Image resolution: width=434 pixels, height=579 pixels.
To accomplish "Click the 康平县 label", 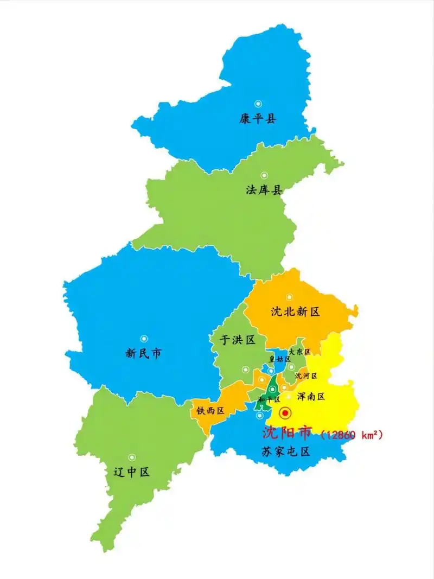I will point(258,118).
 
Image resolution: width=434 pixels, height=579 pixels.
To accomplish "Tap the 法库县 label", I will point(264,190).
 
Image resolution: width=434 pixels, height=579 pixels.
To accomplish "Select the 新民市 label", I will point(143,354).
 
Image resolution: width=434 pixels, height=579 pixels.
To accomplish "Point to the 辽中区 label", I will point(131,472).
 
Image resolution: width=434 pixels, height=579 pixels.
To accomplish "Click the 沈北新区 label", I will point(296,311).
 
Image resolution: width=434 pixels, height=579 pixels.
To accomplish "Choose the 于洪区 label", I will point(237,340).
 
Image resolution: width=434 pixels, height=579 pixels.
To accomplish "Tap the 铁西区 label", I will point(210,411).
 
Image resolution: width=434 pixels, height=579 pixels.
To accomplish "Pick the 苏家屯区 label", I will point(286,451).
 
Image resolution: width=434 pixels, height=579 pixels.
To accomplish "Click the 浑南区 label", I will point(311,397).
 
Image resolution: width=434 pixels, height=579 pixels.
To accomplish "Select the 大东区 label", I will point(299,352).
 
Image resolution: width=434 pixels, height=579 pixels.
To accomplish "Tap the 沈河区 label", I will point(306,376).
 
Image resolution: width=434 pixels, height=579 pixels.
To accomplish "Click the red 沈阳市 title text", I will point(287,432).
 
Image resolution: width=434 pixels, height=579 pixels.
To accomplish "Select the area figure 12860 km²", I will point(352,435).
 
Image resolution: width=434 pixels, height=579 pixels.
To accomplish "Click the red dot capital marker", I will point(284,413).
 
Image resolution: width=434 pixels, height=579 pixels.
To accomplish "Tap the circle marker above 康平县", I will point(258,103).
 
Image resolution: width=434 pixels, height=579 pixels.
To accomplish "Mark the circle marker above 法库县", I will point(264,175).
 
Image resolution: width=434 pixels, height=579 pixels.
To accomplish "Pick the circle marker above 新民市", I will point(144,339).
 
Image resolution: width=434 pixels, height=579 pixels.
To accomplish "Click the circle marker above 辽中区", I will point(132,457).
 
